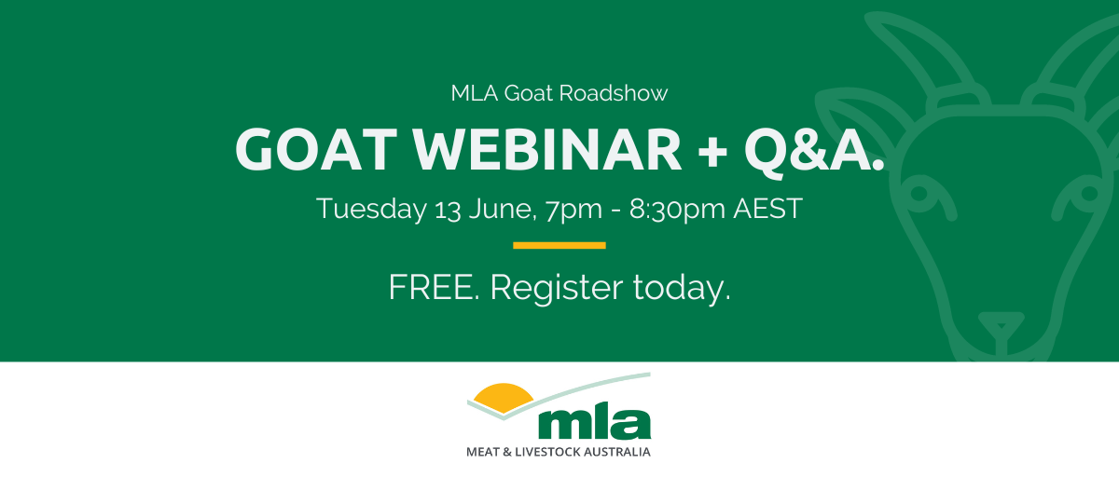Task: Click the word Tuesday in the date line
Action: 371,209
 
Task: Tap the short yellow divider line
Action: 559,246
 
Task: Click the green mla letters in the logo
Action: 595,421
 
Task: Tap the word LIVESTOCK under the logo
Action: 551,453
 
